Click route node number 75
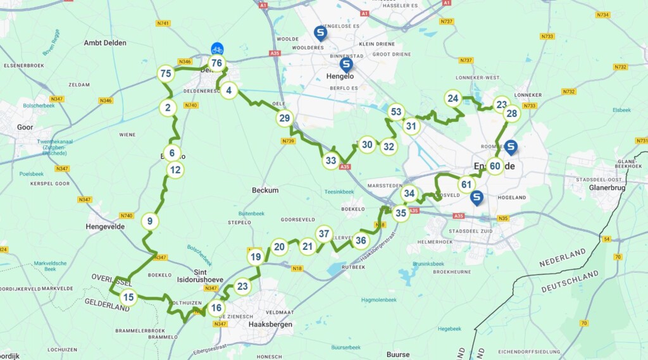tap(166, 74)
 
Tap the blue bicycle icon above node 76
tap(217, 49)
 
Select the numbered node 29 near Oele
tap(285, 118)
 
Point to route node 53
tap(396, 113)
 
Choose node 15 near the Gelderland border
tap(128, 297)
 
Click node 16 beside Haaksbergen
tap(216, 309)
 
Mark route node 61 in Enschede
tap(467, 185)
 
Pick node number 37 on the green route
tap(324, 234)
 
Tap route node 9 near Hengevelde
tap(150, 221)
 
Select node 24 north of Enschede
tap(452, 98)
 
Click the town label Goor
tap(25, 127)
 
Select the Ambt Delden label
tap(105, 43)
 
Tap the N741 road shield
tap(163, 23)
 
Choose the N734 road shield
tap(602, 13)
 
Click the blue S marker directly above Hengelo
tap(346, 64)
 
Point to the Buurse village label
tap(398, 354)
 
